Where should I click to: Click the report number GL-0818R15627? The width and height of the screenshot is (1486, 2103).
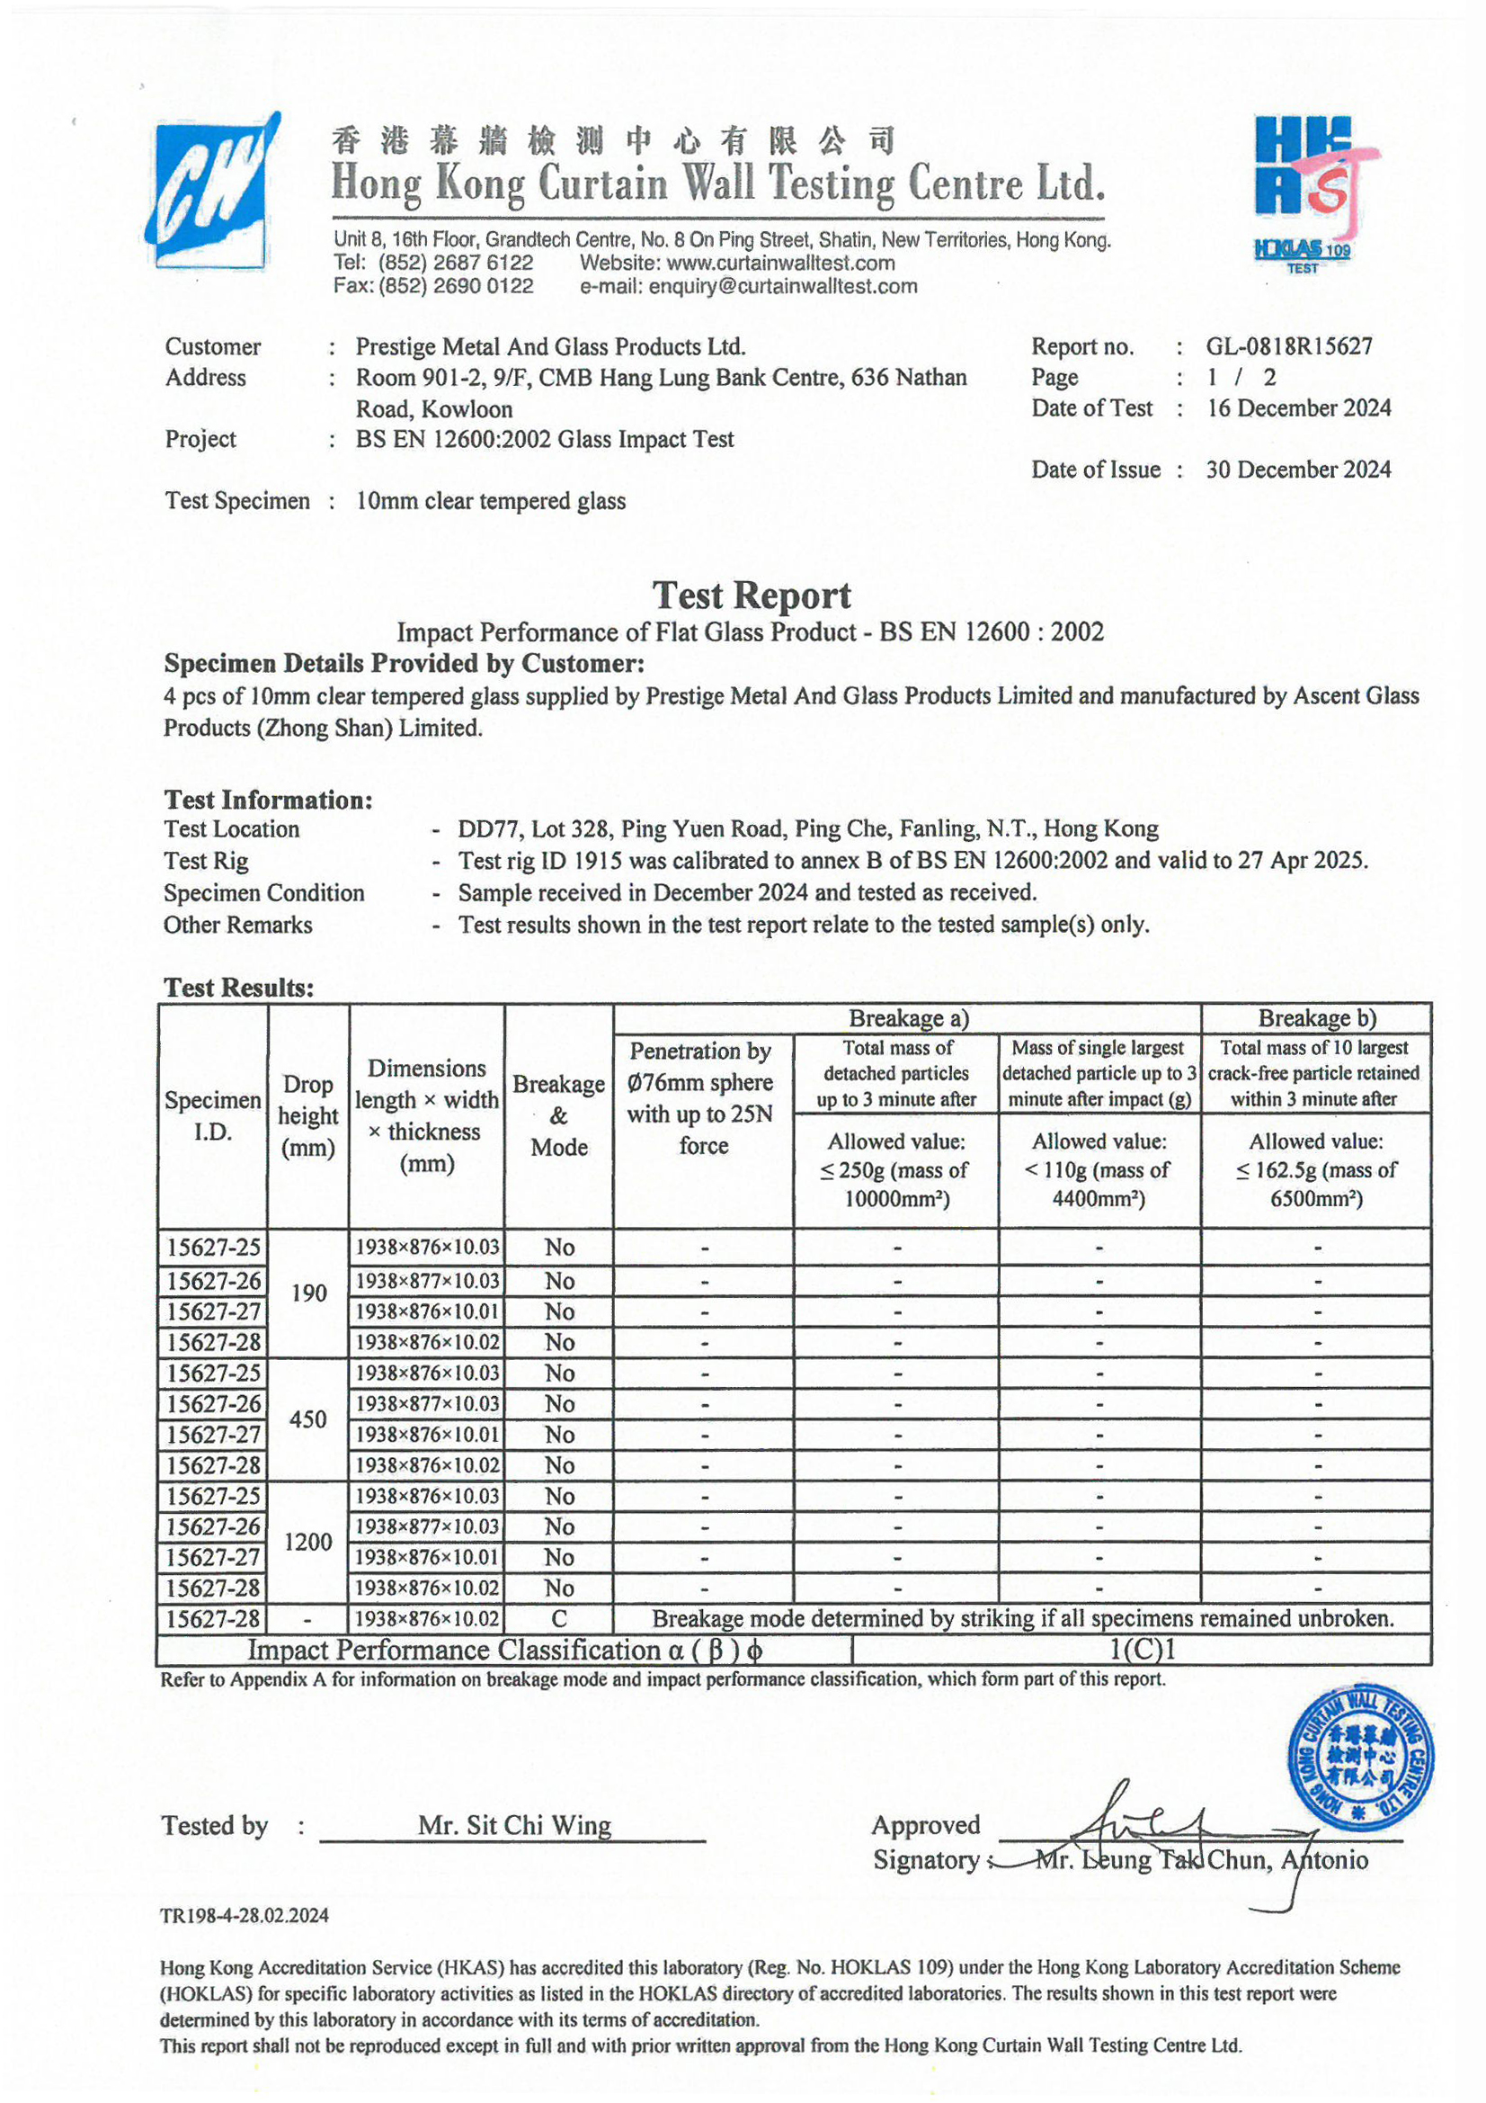1288,347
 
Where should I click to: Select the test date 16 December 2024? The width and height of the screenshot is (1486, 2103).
1298,408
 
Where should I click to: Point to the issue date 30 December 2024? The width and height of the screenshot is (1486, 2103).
1297,470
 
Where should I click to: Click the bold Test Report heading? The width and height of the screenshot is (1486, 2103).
751,596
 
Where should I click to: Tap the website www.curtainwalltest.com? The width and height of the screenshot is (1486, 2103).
781,264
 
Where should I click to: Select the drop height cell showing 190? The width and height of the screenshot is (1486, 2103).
308,1293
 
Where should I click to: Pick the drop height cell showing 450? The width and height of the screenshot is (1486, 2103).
308,1418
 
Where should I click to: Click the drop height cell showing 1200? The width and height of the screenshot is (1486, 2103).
308,1542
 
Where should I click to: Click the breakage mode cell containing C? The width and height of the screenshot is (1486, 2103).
558,1618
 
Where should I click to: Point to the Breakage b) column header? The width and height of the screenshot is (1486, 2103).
1316,1018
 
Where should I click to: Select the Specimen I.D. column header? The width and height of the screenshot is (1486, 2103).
212,1115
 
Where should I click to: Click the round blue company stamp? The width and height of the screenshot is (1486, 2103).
1360,1758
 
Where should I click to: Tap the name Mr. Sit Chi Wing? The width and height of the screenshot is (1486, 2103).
513,1825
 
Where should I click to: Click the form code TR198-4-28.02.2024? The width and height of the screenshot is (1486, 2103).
245,1915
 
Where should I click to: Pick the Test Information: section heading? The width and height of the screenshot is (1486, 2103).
268,801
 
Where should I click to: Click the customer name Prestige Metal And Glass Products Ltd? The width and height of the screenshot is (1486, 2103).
550,347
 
